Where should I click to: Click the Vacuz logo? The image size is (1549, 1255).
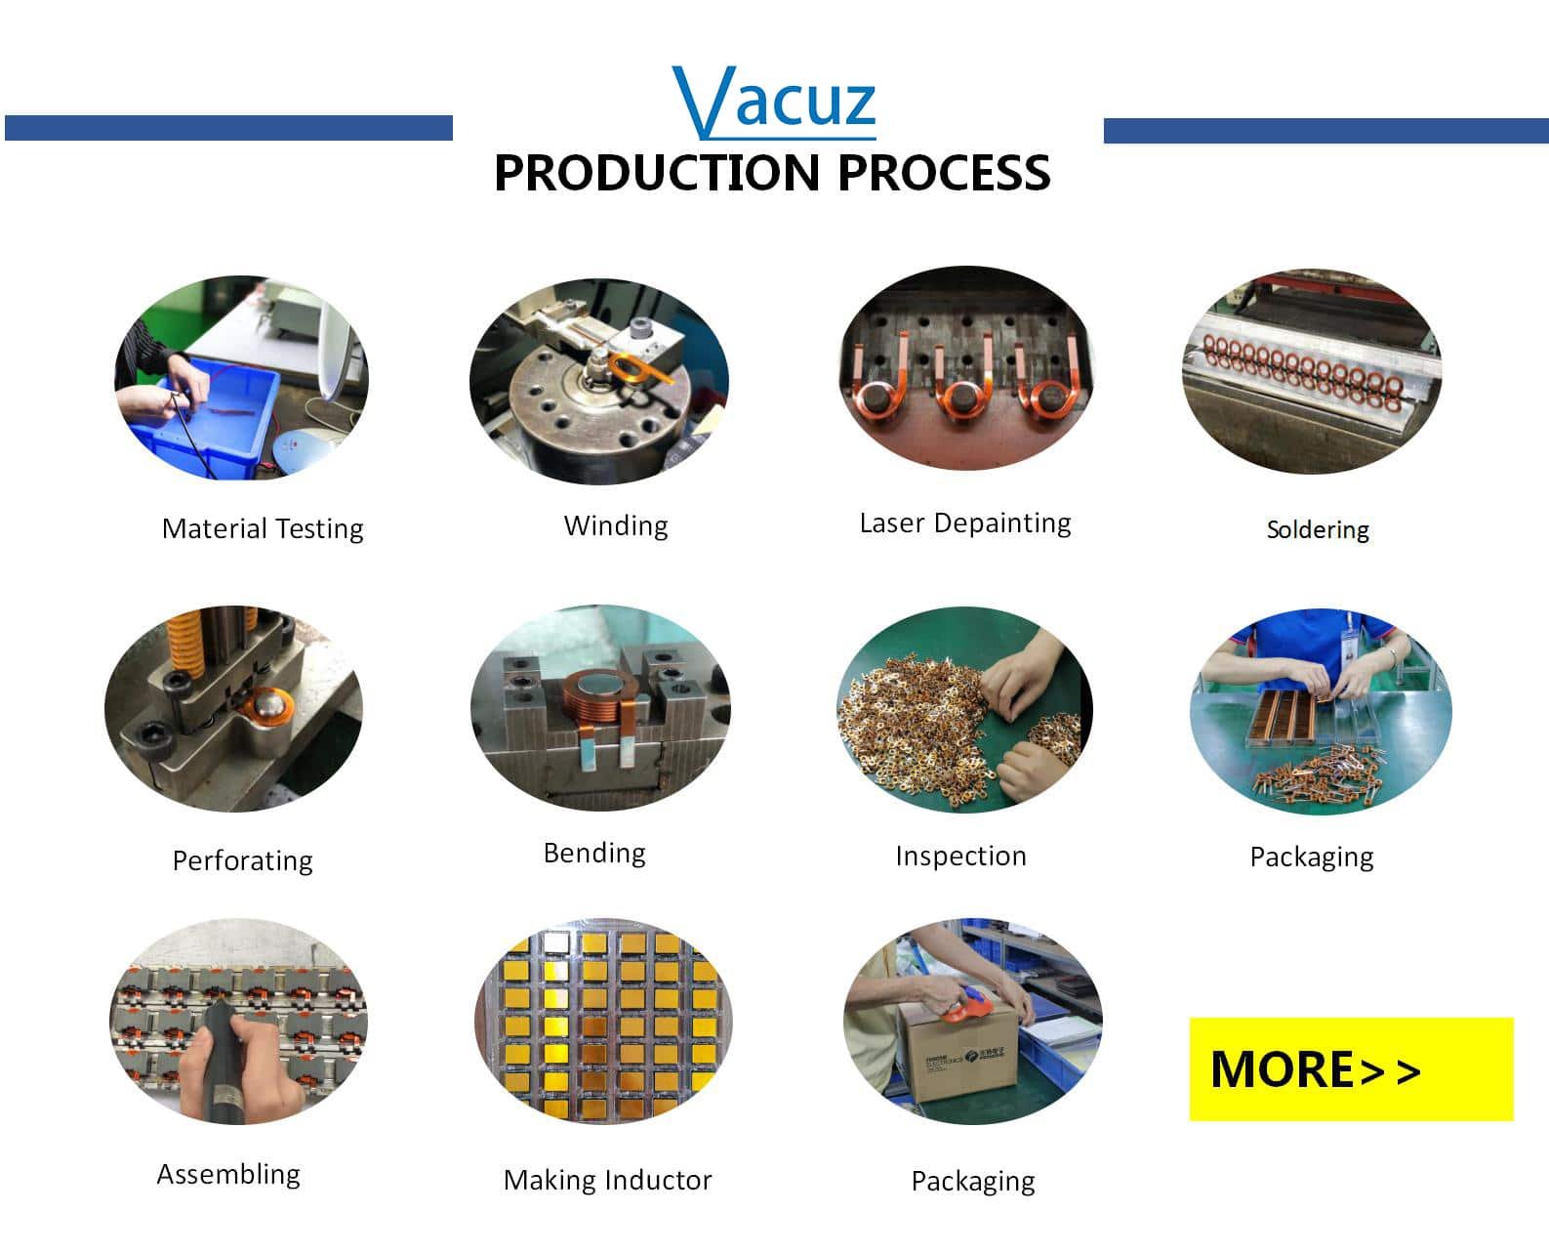pyautogui.click(x=774, y=103)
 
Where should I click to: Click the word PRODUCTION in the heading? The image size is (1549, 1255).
pyautogui.click(x=657, y=173)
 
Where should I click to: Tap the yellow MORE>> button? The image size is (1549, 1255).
pyautogui.click(x=1351, y=1068)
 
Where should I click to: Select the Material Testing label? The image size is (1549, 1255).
pyautogui.click(x=263, y=529)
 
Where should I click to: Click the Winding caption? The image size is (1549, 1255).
pyautogui.click(x=616, y=526)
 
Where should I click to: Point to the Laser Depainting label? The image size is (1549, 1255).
pyautogui.click(x=965, y=523)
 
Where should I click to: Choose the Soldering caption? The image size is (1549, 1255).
pyautogui.click(x=1318, y=529)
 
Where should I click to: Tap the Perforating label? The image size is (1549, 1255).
pyautogui.click(x=243, y=860)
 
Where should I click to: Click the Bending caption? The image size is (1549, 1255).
pyautogui.click(x=594, y=854)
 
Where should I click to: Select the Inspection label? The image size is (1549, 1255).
pyautogui.click(x=960, y=857)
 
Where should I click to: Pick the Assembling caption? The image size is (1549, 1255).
pyautogui.click(x=228, y=1175)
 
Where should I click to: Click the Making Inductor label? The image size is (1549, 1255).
pyautogui.click(x=607, y=1180)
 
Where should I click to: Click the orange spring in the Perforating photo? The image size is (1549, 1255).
pyautogui.click(x=184, y=642)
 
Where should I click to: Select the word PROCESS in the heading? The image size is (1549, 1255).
pyautogui.click(x=944, y=173)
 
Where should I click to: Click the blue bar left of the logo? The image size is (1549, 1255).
pyautogui.click(x=229, y=127)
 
